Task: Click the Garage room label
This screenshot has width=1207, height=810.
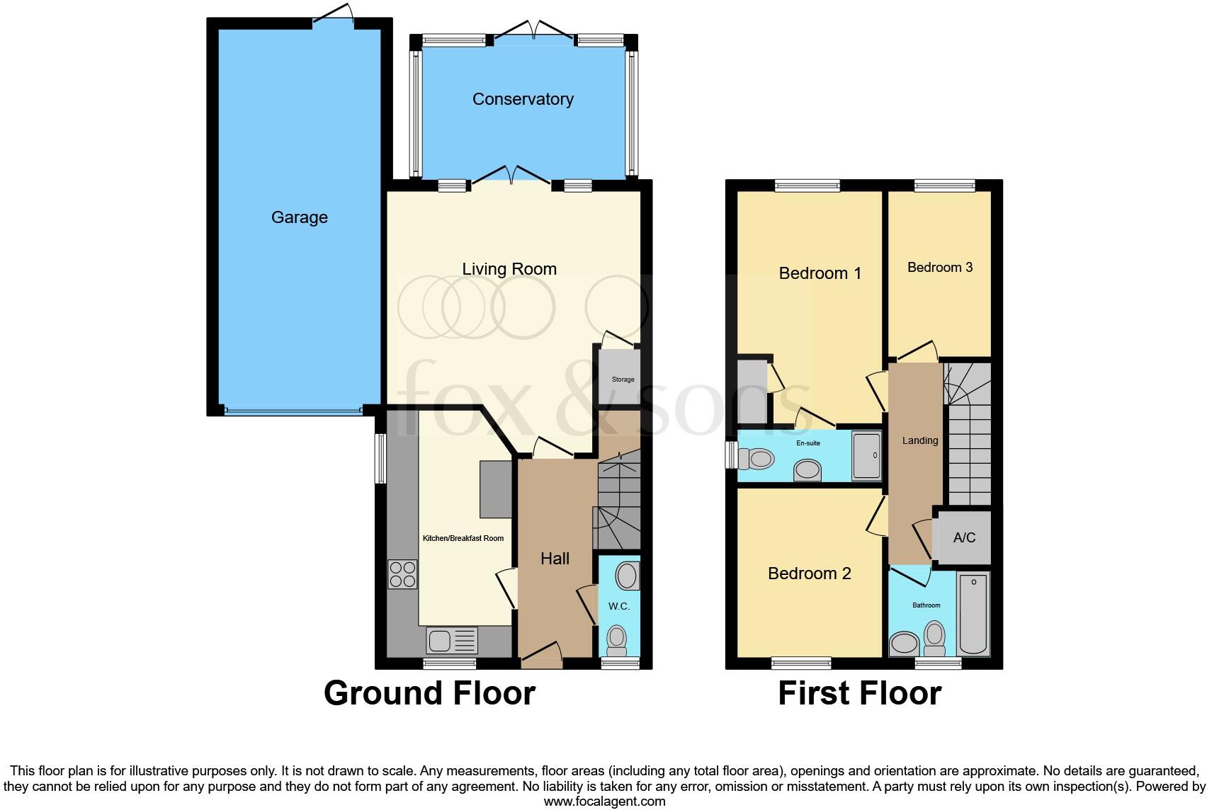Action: click(x=299, y=217)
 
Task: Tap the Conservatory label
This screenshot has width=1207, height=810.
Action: click(x=523, y=99)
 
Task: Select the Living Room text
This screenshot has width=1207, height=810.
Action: click(x=509, y=269)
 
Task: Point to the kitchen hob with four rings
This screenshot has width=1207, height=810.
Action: click(x=402, y=574)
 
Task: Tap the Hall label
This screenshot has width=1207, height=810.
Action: click(x=555, y=559)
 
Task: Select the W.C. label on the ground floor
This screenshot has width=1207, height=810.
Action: click(x=619, y=606)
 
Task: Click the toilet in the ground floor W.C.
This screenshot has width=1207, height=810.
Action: click(x=617, y=639)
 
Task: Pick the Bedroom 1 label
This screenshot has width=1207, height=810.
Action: click(x=820, y=273)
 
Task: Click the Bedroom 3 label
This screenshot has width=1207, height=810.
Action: click(x=939, y=267)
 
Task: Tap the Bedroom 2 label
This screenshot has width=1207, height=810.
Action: click(x=809, y=574)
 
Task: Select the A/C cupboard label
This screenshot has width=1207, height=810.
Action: click(x=964, y=537)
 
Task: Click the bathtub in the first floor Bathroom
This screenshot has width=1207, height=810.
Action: click(x=973, y=615)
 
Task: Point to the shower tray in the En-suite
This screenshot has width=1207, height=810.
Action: click(x=866, y=455)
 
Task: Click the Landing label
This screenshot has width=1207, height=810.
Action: click(x=919, y=440)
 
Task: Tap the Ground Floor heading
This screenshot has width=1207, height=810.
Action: click(x=429, y=693)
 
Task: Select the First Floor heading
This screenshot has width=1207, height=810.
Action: click(x=859, y=693)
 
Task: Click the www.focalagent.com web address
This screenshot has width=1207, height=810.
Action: click(x=604, y=802)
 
